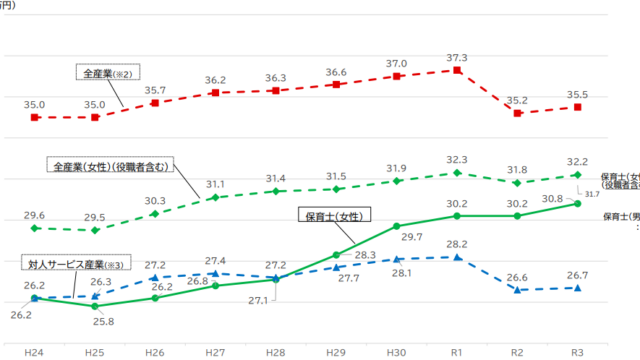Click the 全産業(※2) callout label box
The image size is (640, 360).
[106, 73]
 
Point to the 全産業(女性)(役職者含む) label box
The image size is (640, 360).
[111, 164]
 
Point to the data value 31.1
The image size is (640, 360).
[215, 184]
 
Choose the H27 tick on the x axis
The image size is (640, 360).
[215, 353]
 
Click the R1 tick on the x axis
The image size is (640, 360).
[457, 353]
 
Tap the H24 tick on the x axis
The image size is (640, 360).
[35, 353]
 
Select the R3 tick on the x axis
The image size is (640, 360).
[578, 353]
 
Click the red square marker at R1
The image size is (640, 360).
[457, 71]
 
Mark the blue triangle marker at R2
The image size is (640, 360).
[517, 290]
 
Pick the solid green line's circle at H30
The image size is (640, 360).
[396, 226]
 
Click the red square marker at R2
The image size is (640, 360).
[517, 113]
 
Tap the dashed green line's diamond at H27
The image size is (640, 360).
[215, 198]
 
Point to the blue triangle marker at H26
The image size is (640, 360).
[155, 277]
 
